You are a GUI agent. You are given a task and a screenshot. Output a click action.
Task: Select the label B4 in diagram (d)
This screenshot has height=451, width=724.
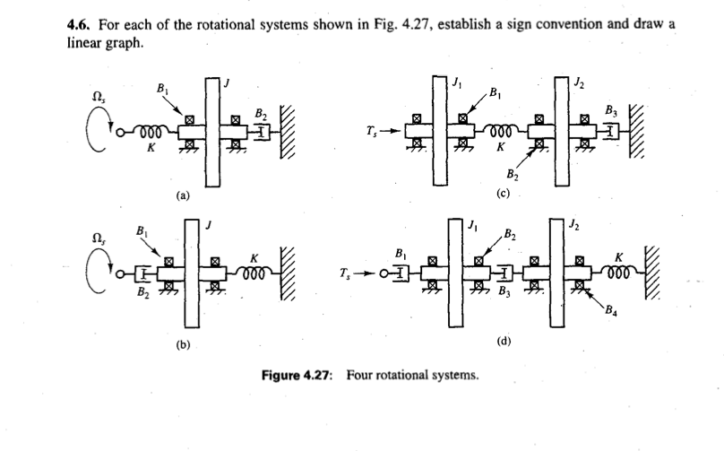click(x=613, y=312)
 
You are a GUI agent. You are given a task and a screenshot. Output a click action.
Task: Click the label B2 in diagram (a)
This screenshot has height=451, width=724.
click(x=260, y=114)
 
